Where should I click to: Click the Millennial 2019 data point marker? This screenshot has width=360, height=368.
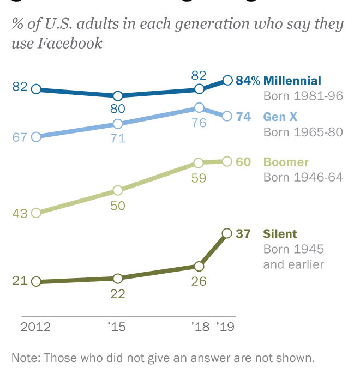[x=228, y=81]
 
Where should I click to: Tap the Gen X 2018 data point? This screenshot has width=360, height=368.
[x=199, y=107]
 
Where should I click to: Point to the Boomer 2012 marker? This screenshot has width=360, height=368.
[x=36, y=213]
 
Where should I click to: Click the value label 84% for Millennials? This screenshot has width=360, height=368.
[x=247, y=81]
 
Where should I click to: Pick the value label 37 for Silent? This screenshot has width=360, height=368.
[x=243, y=234]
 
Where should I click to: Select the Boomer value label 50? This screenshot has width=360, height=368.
[x=118, y=206]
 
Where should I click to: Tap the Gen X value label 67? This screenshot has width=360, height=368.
[x=20, y=137]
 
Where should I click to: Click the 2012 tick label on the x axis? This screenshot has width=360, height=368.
[x=35, y=327]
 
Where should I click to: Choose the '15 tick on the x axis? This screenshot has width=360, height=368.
[x=117, y=327]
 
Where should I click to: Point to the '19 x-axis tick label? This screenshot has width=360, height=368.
[x=225, y=327]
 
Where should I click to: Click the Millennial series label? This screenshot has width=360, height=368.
[x=292, y=81]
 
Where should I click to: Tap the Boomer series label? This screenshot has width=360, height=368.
[x=286, y=162]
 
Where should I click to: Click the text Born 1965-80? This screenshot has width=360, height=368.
[x=303, y=132]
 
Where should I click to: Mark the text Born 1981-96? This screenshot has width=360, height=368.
[x=303, y=96]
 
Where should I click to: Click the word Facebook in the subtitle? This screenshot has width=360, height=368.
[x=69, y=43]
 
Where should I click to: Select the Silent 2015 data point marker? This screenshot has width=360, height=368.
[x=117, y=278]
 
